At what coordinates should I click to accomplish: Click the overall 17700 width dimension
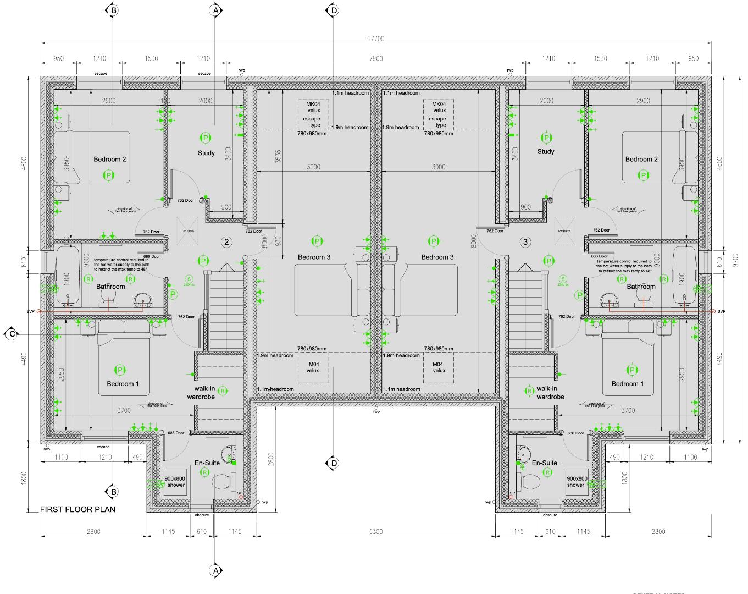(x=375, y=38)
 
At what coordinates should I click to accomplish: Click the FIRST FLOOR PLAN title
(x=77, y=509)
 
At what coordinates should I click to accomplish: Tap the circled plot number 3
(x=525, y=241)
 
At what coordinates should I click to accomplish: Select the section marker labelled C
(x=10, y=334)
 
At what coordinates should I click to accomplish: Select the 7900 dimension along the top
(x=375, y=58)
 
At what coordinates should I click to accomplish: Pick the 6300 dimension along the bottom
(x=375, y=531)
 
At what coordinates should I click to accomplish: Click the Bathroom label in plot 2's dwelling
(x=110, y=287)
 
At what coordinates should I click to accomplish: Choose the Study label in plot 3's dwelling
(x=546, y=152)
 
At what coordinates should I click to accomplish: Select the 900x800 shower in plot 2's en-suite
(x=175, y=482)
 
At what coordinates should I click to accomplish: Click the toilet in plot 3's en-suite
(x=529, y=482)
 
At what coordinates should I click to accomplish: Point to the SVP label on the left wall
(x=30, y=311)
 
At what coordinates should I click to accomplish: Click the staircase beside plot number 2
(x=224, y=308)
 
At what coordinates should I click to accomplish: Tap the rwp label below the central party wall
(x=376, y=411)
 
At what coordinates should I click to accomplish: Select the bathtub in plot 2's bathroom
(x=68, y=275)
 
